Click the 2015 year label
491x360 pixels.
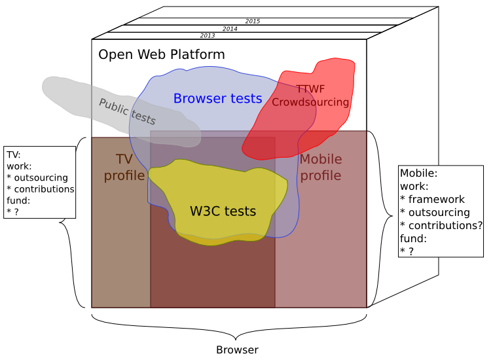(x=253, y=21)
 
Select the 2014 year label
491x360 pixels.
(x=230, y=29)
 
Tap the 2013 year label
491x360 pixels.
(x=208, y=35)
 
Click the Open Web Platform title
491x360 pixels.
(x=162, y=54)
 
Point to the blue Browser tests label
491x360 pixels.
(x=217, y=99)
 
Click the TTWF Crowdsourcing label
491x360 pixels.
(x=310, y=96)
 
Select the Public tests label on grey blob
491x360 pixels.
(x=128, y=111)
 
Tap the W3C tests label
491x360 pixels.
(x=223, y=211)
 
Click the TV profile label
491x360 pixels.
(x=124, y=167)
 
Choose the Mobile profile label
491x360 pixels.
(x=321, y=167)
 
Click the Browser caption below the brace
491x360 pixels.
(x=237, y=350)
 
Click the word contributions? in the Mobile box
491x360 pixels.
(x=445, y=225)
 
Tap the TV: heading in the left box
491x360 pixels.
(x=14, y=154)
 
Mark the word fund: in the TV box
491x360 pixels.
(x=19, y=200)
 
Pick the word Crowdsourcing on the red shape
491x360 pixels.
(x=310, y=102)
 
